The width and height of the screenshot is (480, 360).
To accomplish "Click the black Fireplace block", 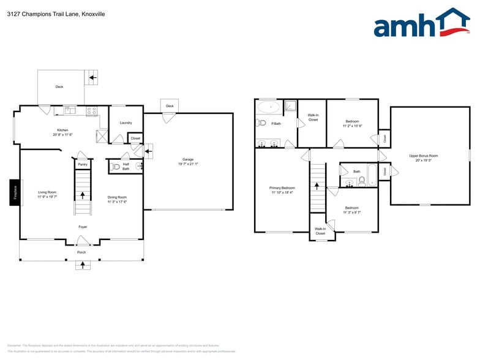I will [15, 193].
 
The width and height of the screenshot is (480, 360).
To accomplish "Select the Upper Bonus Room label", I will [423, 156].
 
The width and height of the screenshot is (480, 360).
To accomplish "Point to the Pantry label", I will [83, 164].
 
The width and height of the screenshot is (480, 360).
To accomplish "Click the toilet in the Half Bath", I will [116, 166].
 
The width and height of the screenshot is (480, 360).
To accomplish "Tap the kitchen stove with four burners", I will [91, 111].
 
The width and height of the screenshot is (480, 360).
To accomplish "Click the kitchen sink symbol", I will [69, 111].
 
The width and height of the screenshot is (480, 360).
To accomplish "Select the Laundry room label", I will [126, 122].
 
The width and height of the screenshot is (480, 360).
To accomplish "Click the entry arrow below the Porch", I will [82, 265].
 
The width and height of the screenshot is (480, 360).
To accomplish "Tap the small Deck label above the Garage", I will [170, 106].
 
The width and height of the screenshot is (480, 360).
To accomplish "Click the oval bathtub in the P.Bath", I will [269, 107].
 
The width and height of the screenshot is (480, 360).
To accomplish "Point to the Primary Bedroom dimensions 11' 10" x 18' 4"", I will [282, 193].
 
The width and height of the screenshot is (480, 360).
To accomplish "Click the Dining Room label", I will [117, 197].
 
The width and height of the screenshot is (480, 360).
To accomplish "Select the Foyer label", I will [82, 227].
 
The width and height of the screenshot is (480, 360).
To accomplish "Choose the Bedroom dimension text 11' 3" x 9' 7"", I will [351, 212].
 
